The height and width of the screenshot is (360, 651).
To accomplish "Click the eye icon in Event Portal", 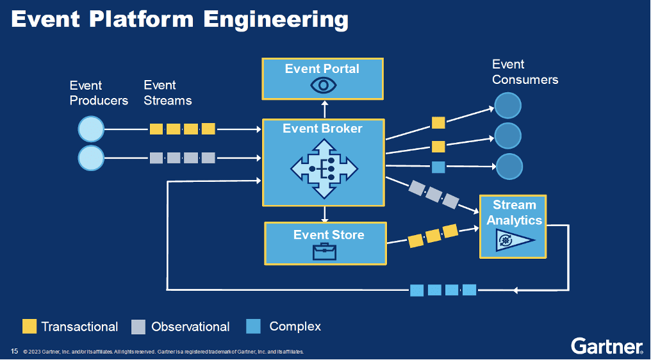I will [x=323, y=85].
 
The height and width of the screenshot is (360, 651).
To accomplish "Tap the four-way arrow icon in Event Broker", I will [x=324, y=168].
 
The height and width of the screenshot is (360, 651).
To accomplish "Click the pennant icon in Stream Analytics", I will [x=512, y=241].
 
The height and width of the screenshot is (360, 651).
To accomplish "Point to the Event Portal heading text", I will [x=322, y=69].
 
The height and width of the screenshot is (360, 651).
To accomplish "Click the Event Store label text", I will [x=329, y=234].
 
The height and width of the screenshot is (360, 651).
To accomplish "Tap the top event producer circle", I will [x=91, y=129].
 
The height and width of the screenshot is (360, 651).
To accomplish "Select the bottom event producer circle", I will [x=91, y=158].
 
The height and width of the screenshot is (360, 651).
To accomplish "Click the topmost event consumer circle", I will [x=507, y=106].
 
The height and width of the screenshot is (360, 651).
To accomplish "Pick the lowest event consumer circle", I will [x=509, y=167].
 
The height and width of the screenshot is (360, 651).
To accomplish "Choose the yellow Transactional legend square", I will [x=29, y=327].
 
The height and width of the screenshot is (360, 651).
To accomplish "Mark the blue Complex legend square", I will [x=254, y=327].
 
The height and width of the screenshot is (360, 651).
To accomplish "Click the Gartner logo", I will [x=607, y=346].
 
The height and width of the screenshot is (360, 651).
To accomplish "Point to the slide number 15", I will [x=14, y=351].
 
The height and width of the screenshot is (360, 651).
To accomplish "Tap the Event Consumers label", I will [x=525, y=72].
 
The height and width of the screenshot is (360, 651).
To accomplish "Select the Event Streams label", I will [x=167, y=93].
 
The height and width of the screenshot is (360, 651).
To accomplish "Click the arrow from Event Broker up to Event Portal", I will [x=324, y=109].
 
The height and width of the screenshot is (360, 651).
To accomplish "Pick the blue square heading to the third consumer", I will [x=438, y=167].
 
